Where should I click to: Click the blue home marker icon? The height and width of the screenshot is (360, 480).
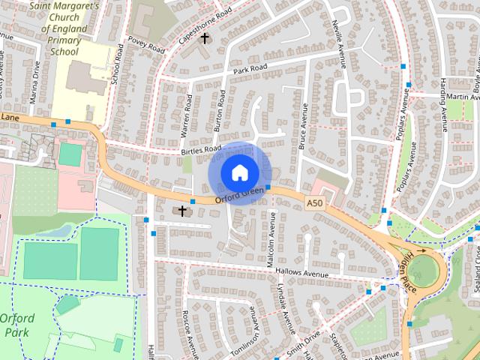click(x=239, y=172)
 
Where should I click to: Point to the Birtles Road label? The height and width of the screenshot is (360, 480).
click(x=201, y=151)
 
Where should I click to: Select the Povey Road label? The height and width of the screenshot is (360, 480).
click(x=145, y=45)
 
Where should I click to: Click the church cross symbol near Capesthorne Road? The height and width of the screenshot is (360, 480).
click(x=204, y=37)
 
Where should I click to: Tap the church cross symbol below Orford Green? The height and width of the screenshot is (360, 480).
click(x=181, y=211)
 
